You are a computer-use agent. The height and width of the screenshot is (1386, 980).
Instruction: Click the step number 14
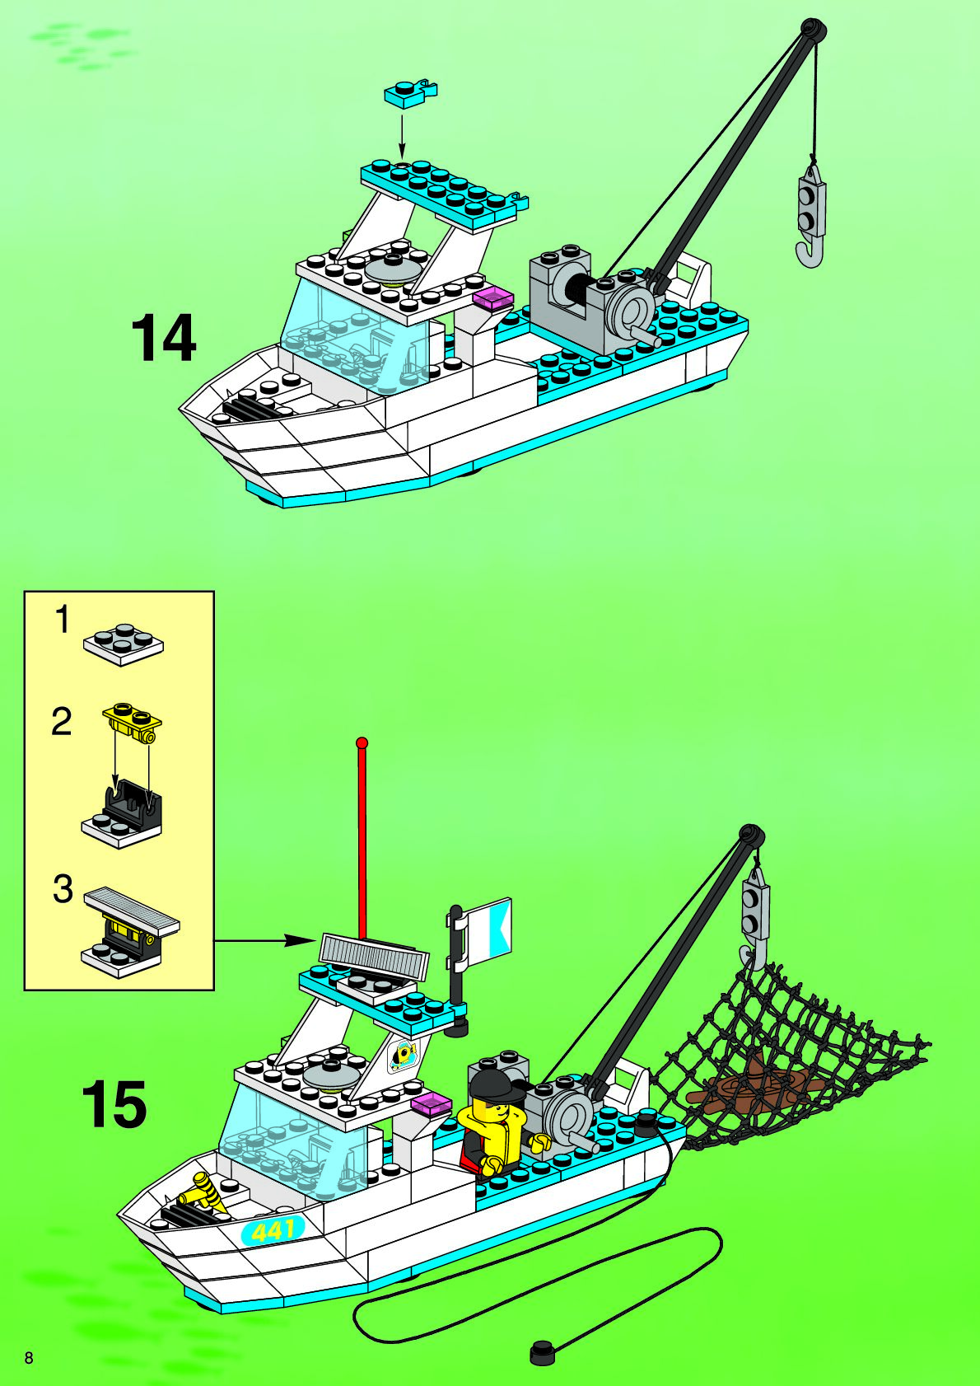[x=164, y=338]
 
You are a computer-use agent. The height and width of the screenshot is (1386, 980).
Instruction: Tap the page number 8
[x=29, y=1358]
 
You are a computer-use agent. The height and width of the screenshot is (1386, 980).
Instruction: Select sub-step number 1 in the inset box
[x=63, y=620]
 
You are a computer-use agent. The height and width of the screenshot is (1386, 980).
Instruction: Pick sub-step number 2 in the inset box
[x=62, y=722]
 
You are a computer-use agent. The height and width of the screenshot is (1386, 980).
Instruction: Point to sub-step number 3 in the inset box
[x=63, y=890]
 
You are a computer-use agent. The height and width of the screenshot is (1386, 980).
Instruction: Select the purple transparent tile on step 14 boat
[x=493, y=298]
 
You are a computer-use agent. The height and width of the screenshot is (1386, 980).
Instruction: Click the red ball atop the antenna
[x=361, y=742]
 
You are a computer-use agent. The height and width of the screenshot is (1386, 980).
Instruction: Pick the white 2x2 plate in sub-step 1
[x=123, y=644]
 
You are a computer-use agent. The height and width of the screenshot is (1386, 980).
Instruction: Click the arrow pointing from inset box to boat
[x=264, y=939]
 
